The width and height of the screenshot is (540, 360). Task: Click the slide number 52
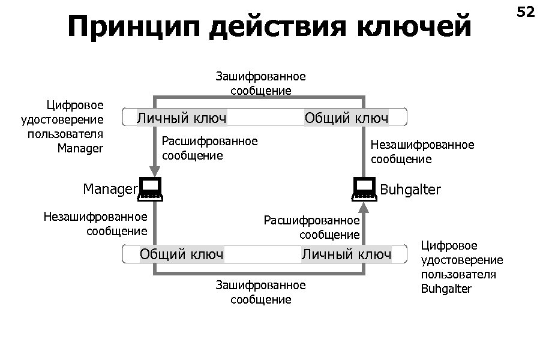point(525,11)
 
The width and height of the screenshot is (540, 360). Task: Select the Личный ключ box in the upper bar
point(182,118)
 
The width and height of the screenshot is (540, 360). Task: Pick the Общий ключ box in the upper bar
point(346,118)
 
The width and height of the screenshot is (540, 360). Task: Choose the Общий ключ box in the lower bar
point(182,254)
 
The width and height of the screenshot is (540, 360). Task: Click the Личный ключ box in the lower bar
point(346,254)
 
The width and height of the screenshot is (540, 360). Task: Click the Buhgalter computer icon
point(364,189)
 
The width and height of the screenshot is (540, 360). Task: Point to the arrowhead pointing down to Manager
point(155,172)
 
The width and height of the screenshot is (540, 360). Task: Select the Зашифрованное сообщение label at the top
point(261,83)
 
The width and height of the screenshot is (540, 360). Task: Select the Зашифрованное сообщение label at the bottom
point(261,292)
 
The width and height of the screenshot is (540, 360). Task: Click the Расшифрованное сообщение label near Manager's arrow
point(209,148)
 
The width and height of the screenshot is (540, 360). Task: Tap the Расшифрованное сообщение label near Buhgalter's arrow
point(311,227)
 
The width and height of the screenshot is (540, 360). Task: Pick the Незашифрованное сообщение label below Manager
point(95,223)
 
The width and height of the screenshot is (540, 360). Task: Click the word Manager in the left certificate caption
point(80,148)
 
